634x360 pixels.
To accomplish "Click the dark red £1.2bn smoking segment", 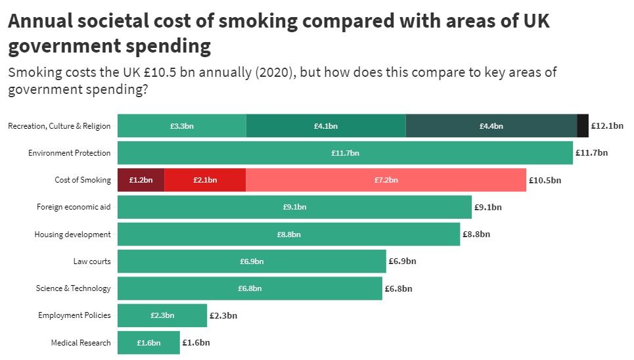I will [141, 179].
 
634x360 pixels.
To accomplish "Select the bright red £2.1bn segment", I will [205, 179].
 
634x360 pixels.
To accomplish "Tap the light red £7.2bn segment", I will [386, 179].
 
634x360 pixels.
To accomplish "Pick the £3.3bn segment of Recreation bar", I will [181, 125].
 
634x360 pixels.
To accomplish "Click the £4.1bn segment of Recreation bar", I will [326, 125].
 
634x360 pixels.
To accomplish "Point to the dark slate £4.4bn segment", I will [491, 125].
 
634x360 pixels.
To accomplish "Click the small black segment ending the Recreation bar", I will [582, 125].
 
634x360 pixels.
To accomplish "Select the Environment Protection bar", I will [345, 152].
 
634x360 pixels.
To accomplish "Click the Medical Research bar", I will [148, 342].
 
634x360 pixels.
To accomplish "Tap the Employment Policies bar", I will [162, 315].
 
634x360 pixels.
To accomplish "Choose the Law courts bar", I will [252, 261].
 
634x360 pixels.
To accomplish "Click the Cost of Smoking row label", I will [82, 180].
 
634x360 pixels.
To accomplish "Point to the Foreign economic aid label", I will [74, 207].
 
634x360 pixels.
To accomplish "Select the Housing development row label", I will [72, 234].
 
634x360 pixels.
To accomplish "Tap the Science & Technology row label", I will [73, 288].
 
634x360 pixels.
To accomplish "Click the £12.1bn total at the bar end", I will [607, 125].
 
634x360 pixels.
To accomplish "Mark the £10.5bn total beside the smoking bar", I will [545, 180].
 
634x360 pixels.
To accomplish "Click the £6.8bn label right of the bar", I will [399, 288].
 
